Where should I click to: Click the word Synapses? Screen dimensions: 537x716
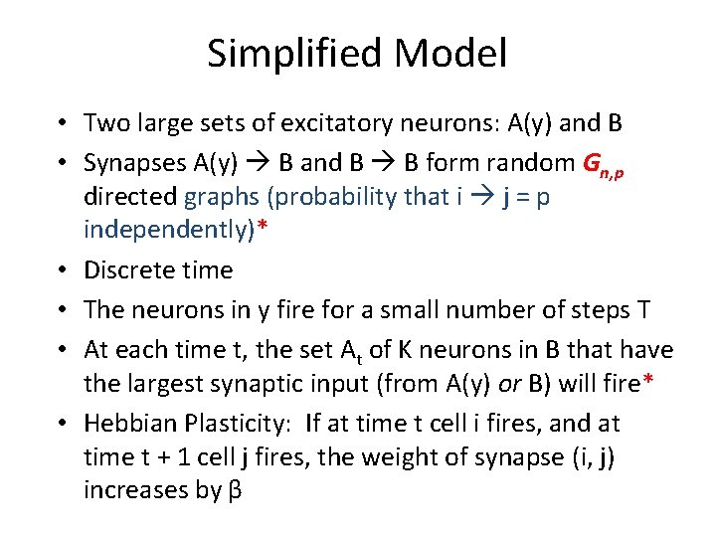point(133,162)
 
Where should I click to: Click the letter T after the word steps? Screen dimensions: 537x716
point(643,310)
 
